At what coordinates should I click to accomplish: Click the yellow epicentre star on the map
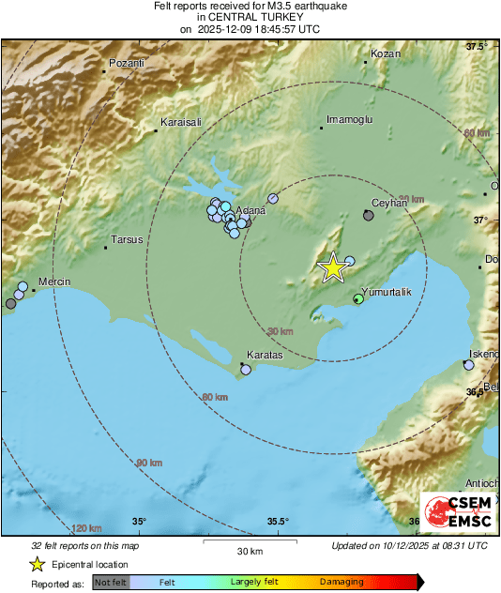pos(332,267)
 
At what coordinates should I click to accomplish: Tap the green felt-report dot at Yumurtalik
pos(357,299)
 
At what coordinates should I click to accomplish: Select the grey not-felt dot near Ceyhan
pos(368,215)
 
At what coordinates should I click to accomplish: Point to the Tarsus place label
pos(127,239)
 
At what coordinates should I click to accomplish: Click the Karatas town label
pos(264,357)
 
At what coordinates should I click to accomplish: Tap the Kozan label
pos(386,54)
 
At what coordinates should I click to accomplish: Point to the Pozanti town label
pos(128,63)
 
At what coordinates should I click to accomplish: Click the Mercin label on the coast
pos(54,281)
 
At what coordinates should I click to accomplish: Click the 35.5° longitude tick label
pos(278,522)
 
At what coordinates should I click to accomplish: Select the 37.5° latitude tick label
pos(478,46)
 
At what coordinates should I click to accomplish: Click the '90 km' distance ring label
pos(149,464)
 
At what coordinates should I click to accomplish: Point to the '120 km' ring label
pos(85,529)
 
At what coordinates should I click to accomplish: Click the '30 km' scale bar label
pos(249,550)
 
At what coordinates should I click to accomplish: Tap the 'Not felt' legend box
pos(111,582)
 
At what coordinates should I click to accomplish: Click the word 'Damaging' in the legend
pos(342,582)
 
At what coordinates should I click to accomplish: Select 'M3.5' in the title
pos(267,6)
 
